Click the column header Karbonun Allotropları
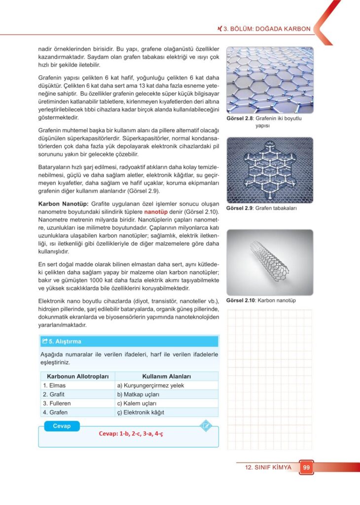(x=77, y=376)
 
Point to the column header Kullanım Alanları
(x=166, y=376)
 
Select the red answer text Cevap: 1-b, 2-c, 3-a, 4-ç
(x=131, y=433)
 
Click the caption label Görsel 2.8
(x=239, y=119)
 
